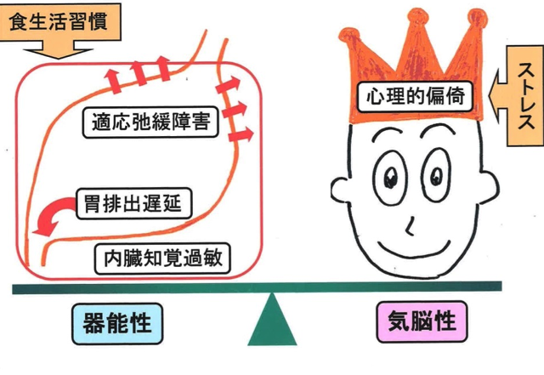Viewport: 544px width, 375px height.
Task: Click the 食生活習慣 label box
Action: pos(59,21)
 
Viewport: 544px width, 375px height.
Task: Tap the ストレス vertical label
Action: pos(525,96)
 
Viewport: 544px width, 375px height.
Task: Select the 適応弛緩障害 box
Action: pos(150,122)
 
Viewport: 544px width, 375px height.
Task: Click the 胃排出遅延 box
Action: pos(133,203)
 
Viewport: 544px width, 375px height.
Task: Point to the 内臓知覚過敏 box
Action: pos(162,259)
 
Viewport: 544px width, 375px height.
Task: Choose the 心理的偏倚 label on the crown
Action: pos(416,97)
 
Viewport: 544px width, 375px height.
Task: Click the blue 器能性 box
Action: pos(117,323)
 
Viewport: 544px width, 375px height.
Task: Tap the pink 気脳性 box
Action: pos(422,321)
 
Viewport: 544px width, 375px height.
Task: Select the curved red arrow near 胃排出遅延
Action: pos(52,213)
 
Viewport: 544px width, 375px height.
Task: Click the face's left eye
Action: pos(390,178)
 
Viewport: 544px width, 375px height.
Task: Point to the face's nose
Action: pos(410,226)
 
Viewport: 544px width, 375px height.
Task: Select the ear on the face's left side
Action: pos(340,190)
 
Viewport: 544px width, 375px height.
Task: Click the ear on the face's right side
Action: pos(489,187)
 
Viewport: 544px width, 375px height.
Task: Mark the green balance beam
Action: pos(257,287)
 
